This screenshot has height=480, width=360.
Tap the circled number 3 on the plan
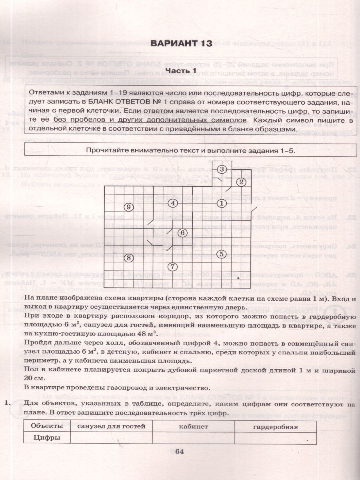coord(222,170)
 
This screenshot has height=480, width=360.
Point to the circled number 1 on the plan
coord(222,204)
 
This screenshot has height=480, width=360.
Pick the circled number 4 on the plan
coord(172,203)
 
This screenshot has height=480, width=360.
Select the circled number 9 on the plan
coord(128,207)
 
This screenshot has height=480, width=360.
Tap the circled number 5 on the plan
coord(222,254)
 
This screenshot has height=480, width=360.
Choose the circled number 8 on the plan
coord(128,258)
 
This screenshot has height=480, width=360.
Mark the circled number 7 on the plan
coord(172,266)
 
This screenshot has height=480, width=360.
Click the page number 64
coord(179,452)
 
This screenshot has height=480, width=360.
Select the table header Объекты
coord(47,426)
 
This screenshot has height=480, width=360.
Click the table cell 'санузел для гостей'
coord(111,426)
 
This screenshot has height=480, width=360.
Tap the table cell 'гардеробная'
coord(276,426)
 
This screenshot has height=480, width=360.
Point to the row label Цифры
coord(47,438)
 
